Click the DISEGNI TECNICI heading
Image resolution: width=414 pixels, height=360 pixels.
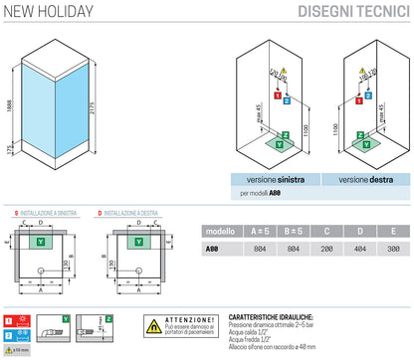click(355, 12)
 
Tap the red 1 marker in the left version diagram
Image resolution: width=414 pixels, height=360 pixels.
click(276, 100)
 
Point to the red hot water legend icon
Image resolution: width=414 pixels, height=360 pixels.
click(9, 318)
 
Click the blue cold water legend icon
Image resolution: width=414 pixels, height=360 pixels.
click(9, 336)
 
